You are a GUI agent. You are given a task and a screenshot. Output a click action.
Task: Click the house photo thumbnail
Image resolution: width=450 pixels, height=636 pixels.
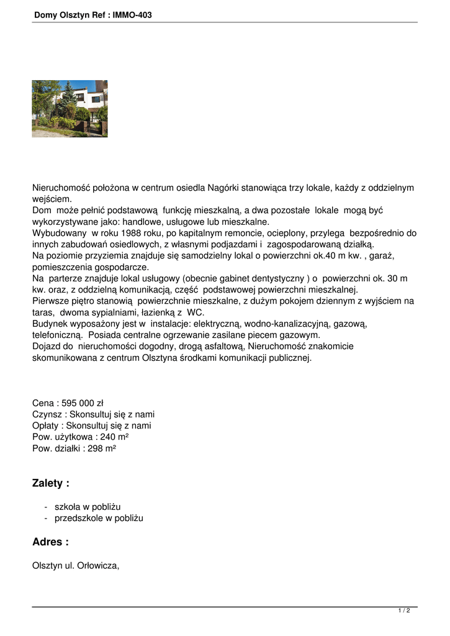70,109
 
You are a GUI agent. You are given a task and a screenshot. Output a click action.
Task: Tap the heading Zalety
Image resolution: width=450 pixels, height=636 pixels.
50,483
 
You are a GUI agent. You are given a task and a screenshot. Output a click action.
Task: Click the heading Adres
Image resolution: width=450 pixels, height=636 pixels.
50,542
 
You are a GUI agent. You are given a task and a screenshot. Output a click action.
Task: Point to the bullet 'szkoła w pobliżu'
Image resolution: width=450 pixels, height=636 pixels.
88,507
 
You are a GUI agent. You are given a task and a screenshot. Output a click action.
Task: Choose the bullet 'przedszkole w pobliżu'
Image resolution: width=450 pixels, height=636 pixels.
99,518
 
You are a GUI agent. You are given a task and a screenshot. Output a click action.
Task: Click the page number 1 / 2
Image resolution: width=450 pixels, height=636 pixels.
404,611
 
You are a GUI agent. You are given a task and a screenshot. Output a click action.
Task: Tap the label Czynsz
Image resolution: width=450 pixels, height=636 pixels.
47,414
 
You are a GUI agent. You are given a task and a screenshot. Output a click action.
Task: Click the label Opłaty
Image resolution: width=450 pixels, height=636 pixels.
47,425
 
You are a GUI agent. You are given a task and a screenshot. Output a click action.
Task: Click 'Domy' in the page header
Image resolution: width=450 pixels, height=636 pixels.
45,14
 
